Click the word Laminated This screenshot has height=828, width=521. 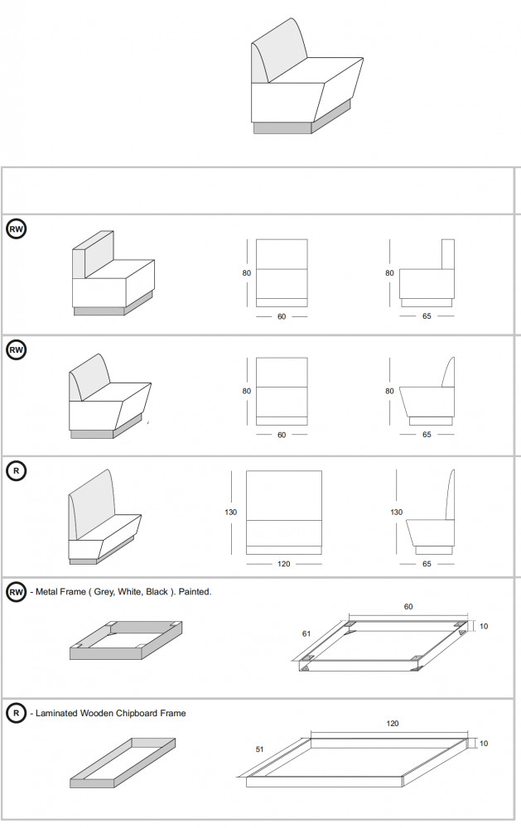55,713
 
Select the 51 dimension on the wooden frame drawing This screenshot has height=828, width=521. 259,750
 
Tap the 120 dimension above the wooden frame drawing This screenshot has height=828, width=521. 392,724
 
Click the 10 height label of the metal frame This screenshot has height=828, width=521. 484,627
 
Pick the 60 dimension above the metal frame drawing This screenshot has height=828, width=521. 408,607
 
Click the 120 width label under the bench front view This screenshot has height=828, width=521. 283,564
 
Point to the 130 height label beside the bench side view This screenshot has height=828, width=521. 396,513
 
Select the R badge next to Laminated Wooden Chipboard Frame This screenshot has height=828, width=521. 16,713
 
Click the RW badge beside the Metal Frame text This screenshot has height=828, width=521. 16,592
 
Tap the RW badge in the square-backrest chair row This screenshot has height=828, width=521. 16,229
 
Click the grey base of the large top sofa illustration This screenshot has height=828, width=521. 282,128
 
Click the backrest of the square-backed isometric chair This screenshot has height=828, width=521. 92,257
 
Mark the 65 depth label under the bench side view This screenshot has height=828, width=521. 427,564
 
